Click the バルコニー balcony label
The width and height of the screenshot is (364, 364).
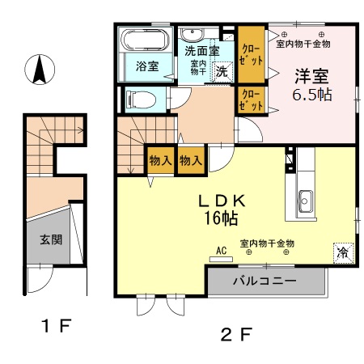[x=265, y=282]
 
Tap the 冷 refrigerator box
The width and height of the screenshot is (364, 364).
[x=343, y=252]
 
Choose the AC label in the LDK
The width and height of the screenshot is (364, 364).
[x=220, y=251]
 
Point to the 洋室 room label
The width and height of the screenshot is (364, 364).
[x=311, y=77]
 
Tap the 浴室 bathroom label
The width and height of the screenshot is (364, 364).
[x=146, y=66]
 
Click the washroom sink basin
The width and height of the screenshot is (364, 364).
[x=193, y=34]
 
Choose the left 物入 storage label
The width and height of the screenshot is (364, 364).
[x=159, y=160]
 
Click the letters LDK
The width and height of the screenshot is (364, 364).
[x=216, y=200]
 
